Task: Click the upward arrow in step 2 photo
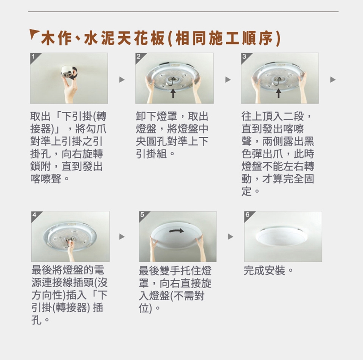(173, 93)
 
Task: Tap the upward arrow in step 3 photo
(279, 93)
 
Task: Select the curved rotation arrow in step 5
(177, 230)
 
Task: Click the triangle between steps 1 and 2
(122, 80)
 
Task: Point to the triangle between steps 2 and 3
(228, 80)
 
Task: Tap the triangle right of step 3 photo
(333, 80)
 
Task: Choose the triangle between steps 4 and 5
(122, 236)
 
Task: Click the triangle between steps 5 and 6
(230, 236)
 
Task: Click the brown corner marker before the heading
(33, 33)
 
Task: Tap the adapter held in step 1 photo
(68, 72)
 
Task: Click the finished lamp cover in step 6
(281, 238)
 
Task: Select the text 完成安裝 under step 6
(264, 270)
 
